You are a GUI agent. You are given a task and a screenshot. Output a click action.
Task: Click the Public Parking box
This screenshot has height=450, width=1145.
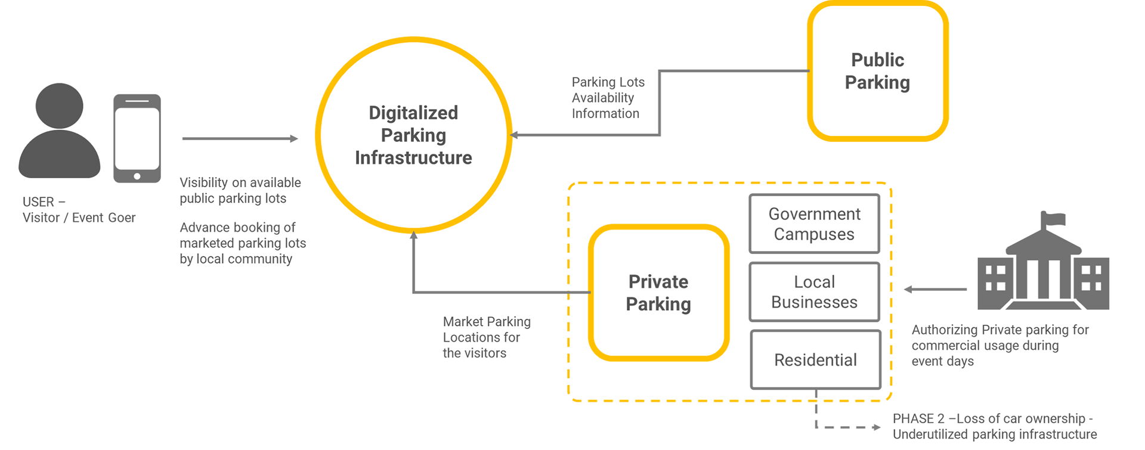pyautogui.click(x=877, y=71)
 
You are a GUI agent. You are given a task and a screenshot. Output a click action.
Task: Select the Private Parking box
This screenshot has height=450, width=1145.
pyautogui.click(x=658, y=293)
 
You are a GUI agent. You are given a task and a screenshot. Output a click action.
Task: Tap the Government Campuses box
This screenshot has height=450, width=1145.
pyautogui.click(x=815, y=224)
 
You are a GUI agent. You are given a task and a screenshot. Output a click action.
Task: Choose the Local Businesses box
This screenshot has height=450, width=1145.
pyautogui.click(x=815, y=292)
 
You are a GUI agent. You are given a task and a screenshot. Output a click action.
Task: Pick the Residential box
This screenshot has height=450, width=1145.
pyautogui.click(x=816, y=360)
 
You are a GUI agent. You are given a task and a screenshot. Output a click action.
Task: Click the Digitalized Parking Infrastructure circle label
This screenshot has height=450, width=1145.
pyautogui.click(x=413, y=135)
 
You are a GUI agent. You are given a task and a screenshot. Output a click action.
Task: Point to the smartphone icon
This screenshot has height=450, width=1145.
pyautogui.click(x=137, y=138)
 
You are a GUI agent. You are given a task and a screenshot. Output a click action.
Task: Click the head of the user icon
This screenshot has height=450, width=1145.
pyautogui.click(x=59, y=106)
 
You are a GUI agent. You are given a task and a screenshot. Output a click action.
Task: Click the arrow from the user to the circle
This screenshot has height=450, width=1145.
pyautogui.click(x=240, y=139)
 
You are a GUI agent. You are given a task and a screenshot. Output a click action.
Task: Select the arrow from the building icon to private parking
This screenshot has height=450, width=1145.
pyautogui.click(x=935, y=290)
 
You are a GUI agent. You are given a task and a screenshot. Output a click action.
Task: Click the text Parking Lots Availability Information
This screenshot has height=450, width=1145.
pyautogui.click(x=608, y=98)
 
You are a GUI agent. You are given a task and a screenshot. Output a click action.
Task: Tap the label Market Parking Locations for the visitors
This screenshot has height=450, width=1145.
pyautogui.click(x=487, y=337)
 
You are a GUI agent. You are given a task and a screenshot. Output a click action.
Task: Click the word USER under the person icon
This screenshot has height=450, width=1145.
pyautogui.click(x=38, y=202)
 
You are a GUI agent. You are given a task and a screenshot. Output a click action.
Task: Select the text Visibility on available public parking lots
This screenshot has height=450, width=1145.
pyautogui.click(x=240, y=190)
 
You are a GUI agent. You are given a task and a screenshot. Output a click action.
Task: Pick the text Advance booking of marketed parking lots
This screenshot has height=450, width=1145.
pyautogui.click(x=243, y=235)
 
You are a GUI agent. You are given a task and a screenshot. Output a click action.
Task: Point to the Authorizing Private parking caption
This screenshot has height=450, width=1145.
pyautogui.click(x=1000, y=346)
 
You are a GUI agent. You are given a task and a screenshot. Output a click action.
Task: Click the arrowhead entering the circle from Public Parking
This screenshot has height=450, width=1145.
pyautogui.click(x=514, y=135)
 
